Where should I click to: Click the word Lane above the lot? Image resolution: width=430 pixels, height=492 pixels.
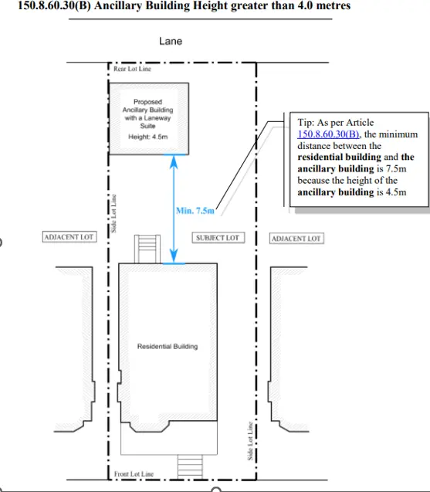coord(171,41)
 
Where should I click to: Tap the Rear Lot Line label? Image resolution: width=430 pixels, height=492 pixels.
coord(132,69)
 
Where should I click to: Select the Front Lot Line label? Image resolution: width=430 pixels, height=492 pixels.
coord(134,473)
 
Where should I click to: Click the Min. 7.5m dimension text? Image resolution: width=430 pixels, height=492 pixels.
coord(195,211)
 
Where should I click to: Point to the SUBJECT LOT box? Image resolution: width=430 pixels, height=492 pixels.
coord(218,238)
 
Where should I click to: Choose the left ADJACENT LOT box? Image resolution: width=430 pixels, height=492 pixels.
coord(69,237)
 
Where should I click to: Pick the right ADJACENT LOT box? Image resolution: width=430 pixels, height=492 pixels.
coord(296,239)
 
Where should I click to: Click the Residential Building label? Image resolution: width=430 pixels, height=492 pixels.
coord(168,346)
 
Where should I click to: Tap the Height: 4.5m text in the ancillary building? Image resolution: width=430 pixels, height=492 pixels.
coord(148,137)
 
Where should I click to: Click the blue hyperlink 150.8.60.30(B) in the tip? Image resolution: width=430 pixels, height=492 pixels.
coord(328,134)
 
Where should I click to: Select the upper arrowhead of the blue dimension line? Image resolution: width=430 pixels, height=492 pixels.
coord(174,161)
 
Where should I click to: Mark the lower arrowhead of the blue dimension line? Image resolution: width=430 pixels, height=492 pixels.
coord(174,256)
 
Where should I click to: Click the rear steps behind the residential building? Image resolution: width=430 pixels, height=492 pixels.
coord(147,249)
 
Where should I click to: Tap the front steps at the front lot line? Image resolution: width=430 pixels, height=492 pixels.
coord(190,467)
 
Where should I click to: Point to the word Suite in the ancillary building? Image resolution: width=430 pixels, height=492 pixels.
coord(147,126)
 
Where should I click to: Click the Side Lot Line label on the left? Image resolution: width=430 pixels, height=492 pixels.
coord(113,213)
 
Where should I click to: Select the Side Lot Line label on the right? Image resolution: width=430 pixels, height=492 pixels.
coord(250,441)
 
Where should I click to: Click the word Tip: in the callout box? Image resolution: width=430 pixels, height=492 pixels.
coord(306,122)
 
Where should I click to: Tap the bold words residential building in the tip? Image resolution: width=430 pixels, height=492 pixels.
coord(340,157)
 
